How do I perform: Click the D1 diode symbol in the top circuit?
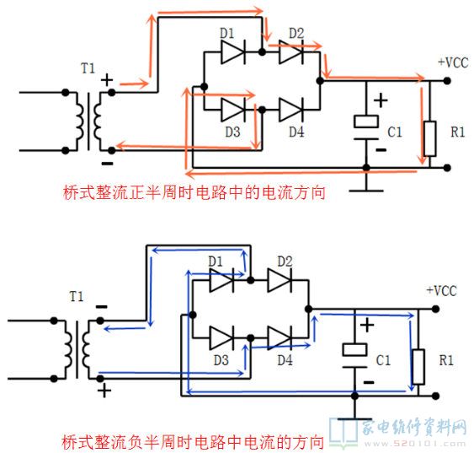(233, 52)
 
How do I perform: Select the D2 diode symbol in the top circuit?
(291, 52)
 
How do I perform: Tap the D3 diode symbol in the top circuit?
(233, 110)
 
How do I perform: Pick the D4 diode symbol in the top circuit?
(291, 110)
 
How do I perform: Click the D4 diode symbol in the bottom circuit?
(280, 338)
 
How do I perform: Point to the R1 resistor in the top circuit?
(430, 138)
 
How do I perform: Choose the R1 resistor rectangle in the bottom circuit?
(418, 367)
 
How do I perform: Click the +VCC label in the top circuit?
(453, 62)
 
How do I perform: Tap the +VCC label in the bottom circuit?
(441, 291)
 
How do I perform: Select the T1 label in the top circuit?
(88, 68)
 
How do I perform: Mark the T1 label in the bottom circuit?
(77, 296)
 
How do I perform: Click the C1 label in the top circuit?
(395, 132)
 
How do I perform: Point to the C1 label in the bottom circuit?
(383, 360)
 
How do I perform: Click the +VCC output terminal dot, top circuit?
(447, 81)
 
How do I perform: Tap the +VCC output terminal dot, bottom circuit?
(435, 309)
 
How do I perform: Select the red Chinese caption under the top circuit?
(194, 192)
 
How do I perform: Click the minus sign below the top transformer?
(107, 164)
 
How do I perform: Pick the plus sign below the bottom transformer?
(104, 391)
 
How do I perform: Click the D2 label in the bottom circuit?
(285, 262)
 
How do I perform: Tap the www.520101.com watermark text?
(415, 445)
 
